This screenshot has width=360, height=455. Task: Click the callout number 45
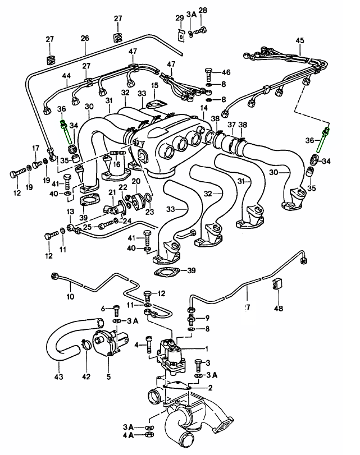click(300, 40)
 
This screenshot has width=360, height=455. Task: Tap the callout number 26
click(85, 39)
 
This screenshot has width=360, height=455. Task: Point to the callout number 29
click(179, 18)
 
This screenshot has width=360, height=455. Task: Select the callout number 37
click(231, 124)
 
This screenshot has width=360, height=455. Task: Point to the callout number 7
click(246, 308)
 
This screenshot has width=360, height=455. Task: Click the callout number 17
click(35, 149)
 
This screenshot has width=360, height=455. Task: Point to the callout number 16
click(117, 164)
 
